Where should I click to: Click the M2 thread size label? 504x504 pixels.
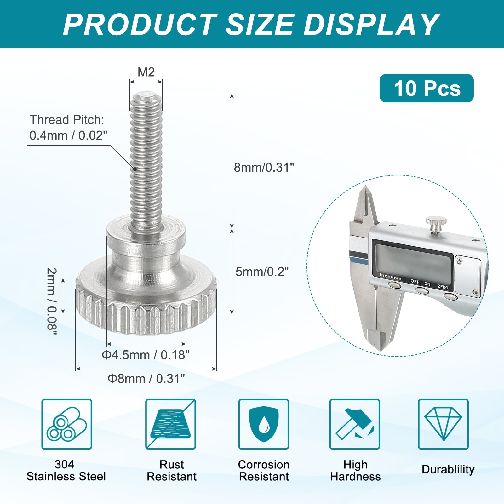(146, 72)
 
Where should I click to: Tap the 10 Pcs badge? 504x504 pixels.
(427, 88)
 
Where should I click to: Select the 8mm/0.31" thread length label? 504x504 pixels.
(264, 167)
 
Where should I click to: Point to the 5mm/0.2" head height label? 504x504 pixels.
(262, 272)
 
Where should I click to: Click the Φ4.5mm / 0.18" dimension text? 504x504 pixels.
(146, 355)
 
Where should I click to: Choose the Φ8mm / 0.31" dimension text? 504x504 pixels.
(146, 378)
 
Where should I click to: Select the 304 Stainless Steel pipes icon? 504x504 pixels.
(67, 424)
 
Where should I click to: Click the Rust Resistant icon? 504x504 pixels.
(170, 424)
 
